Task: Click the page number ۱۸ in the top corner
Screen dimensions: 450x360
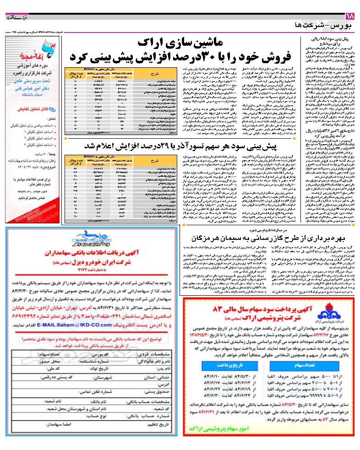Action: (x=352, y=17)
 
